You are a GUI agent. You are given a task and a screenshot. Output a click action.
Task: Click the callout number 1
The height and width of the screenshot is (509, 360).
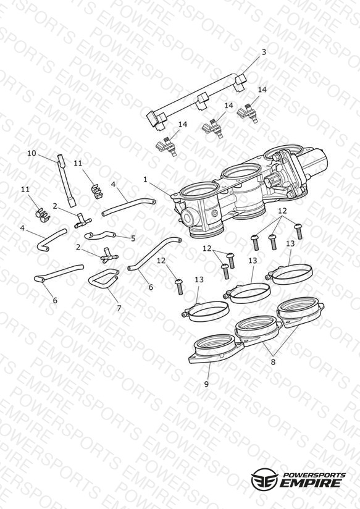tap(146, 179)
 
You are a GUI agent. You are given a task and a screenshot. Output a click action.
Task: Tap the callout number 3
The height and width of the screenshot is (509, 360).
tap(264, 52)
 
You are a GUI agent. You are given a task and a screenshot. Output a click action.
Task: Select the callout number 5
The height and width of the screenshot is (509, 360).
tap(133, 238)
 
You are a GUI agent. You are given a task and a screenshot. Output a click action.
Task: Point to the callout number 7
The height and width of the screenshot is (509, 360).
tap(119, 308)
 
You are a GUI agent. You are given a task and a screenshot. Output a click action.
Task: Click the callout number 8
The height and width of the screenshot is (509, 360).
tap(273, 361)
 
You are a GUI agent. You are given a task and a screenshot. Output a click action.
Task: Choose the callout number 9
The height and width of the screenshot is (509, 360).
tap(206, 384)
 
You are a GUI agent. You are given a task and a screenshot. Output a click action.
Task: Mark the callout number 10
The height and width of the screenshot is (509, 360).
tap(31, 153)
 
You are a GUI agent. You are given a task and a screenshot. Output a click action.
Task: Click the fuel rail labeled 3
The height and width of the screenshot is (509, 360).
tap(197, 101)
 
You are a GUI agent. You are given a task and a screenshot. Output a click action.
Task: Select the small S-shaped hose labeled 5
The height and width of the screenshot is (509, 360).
tap(100, 234)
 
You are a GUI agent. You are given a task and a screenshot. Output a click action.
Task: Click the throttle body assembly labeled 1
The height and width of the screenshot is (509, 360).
tap(247, 191)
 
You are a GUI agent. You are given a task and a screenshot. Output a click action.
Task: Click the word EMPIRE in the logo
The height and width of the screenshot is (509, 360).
tap(311, 482)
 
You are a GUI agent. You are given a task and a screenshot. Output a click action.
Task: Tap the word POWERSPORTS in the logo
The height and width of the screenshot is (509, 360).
tap(314, 475)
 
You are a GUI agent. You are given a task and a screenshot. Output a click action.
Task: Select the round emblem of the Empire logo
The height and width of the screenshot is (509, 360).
tap(264, 479)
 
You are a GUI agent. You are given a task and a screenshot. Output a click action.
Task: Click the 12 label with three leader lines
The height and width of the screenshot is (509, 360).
tap(282, 211)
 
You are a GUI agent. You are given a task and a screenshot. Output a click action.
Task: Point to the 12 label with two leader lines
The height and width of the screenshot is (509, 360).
tap(207, 249)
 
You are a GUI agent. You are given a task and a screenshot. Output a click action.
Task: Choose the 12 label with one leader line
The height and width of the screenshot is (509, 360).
tap(161, 260)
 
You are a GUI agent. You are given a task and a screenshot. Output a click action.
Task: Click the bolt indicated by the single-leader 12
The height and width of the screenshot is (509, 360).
tap(179, 287)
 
